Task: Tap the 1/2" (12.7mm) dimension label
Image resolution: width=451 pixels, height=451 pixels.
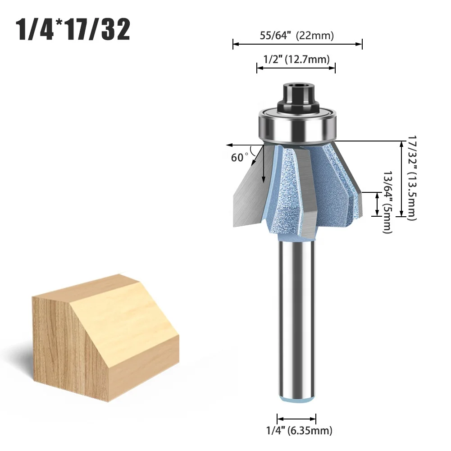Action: pos(296,59)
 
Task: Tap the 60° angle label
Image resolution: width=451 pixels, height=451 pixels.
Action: pos(239,157)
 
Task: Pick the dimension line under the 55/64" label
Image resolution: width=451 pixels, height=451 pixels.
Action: pos(297,44)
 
